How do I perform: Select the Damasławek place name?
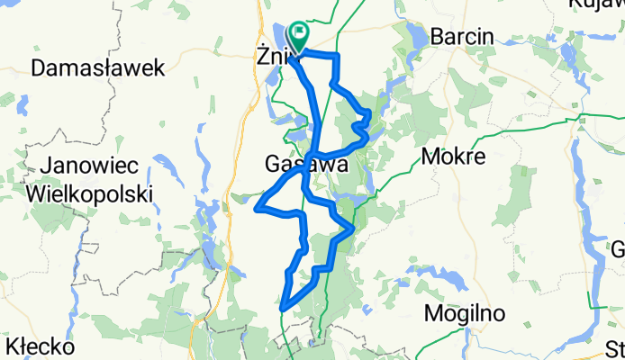coord(98,67)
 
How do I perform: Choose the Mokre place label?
coord(453,157)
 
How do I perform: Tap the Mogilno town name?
coord(465,313)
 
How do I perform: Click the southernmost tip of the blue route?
coord(283,309)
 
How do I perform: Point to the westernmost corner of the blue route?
coord(258,209)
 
